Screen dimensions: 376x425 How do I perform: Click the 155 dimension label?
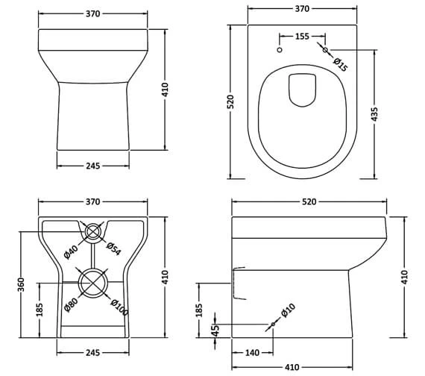[302, 36]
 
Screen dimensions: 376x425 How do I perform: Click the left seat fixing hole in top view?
[278, 50]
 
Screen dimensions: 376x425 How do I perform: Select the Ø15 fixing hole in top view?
[324, 50]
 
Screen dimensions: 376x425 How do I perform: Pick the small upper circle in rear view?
[93, 232]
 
